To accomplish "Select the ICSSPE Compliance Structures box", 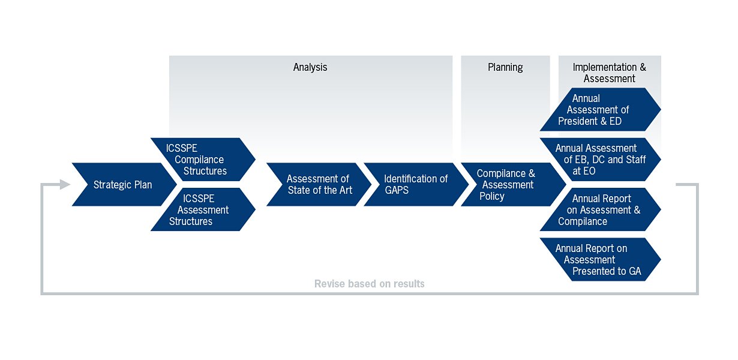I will (201, 160).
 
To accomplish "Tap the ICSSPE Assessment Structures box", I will (201, 210).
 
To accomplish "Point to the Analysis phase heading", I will (310, 67).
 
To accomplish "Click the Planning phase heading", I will (505, 67).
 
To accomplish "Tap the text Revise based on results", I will (369, 284).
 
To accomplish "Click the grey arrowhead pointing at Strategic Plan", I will (64, 185).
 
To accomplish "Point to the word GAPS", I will (397, 190).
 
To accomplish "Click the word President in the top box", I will (580, 121).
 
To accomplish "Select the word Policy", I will (492, 196).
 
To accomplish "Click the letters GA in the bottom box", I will (634, 271).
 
